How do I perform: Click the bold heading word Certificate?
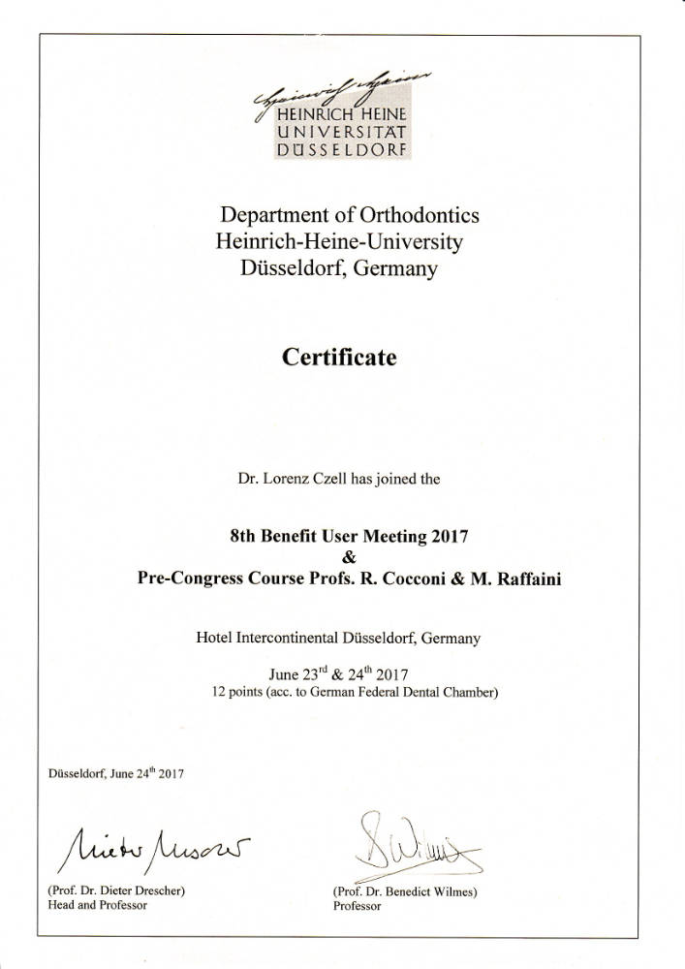pyautogui.click(x=339, y=358)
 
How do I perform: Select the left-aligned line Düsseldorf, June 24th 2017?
pyautogui.click(x=115, y=773)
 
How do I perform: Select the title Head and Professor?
pyautogui.click(x=97, y=904)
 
